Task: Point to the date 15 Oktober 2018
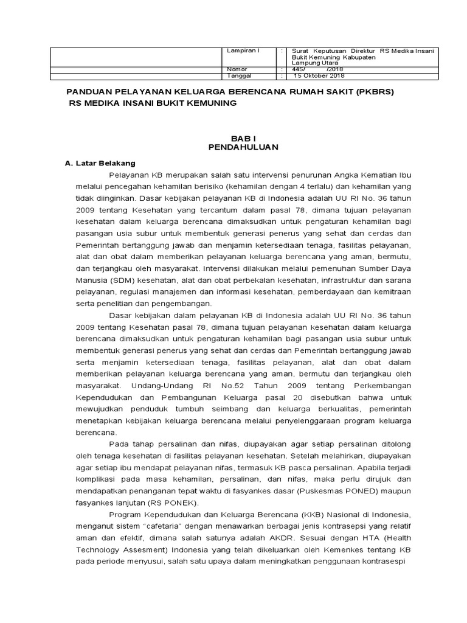point(320,76)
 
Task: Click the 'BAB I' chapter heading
point(234,139)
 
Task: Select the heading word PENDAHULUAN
point(234,147)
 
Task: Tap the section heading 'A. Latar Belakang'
point(100,163)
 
